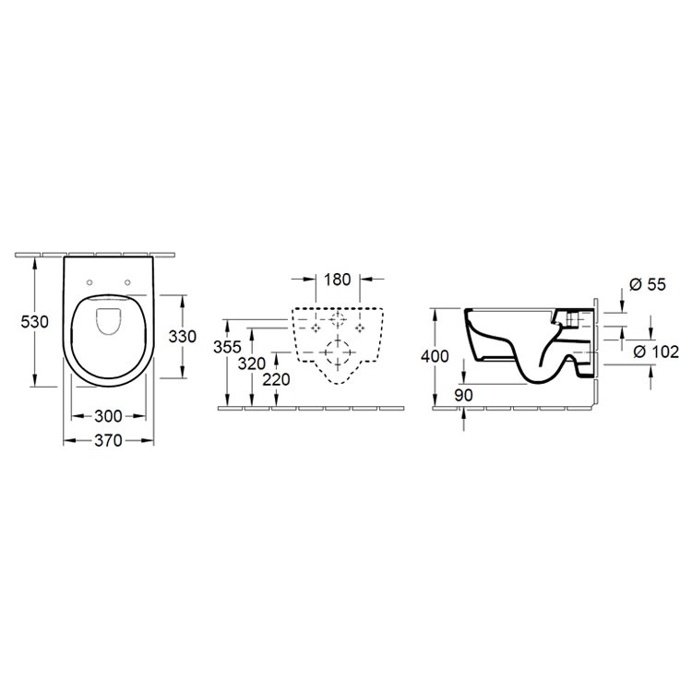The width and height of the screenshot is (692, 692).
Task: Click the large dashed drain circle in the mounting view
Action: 340,353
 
